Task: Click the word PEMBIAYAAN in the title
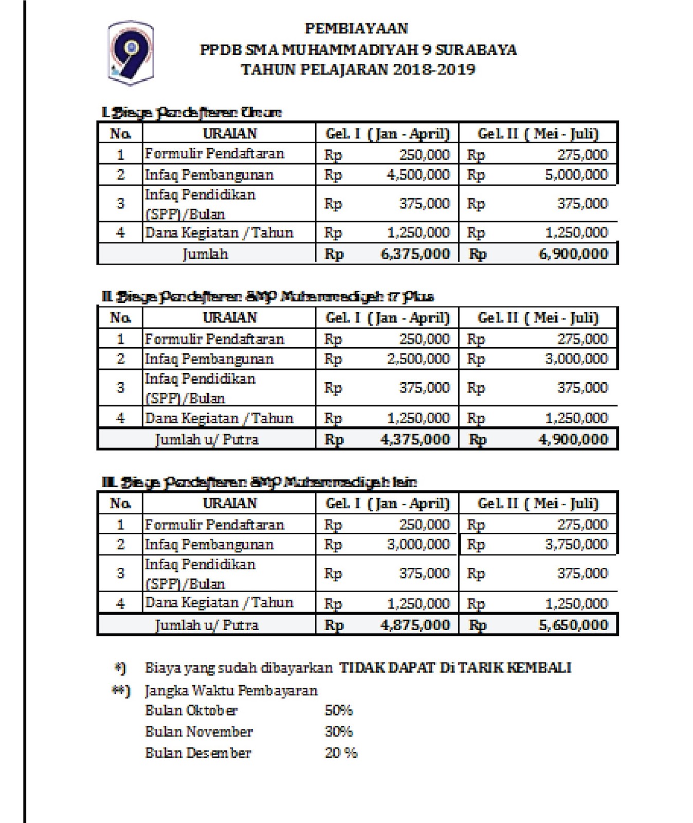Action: (356, 28)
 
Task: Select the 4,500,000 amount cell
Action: (418, 175)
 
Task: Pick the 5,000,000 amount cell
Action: (576, 175)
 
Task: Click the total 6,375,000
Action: (415, 254)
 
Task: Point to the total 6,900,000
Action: (573, 254)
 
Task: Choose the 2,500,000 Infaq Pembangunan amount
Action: (418, 359)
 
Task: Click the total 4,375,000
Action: (415, 440)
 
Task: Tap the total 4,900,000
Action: (573, 440)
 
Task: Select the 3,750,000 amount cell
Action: (576, 545)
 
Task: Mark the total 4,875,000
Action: (415, 625)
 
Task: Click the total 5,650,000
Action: (573, 625)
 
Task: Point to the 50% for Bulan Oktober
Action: (339, 711)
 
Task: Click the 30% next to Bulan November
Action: (339, 732)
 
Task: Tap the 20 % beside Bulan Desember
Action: (341, 753)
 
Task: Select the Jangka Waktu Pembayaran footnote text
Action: (231, 690)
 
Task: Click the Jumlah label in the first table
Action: (205, 254)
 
